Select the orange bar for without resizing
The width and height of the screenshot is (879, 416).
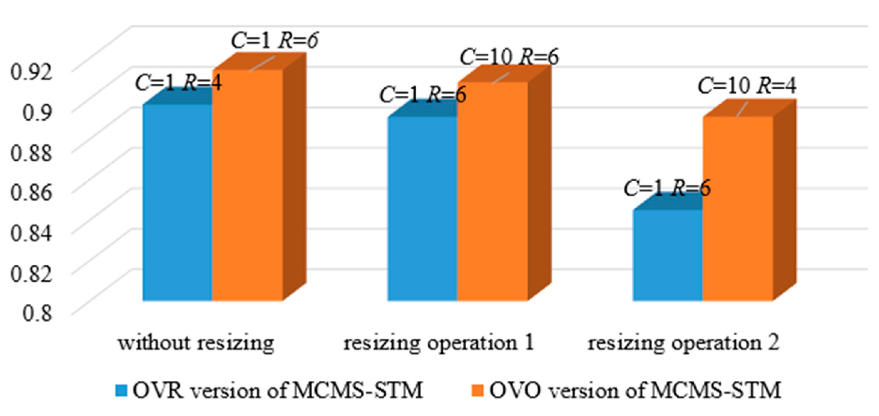(x=247, y=185)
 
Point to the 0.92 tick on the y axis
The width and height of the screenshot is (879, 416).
(x=31, y=72)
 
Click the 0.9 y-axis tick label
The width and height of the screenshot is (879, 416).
(x=37, y=112)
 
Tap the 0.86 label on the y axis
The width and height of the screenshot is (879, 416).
(x=31, y=193)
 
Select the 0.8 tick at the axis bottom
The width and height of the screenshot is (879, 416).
(x=37, y=313)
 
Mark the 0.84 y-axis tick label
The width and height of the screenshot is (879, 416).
(x=31, y=233)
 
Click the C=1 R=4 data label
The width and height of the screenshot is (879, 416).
(x=178, y=83)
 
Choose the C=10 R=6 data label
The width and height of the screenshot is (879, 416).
(x=509, y=57)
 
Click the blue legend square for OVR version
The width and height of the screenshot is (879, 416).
(x=121, y=391)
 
